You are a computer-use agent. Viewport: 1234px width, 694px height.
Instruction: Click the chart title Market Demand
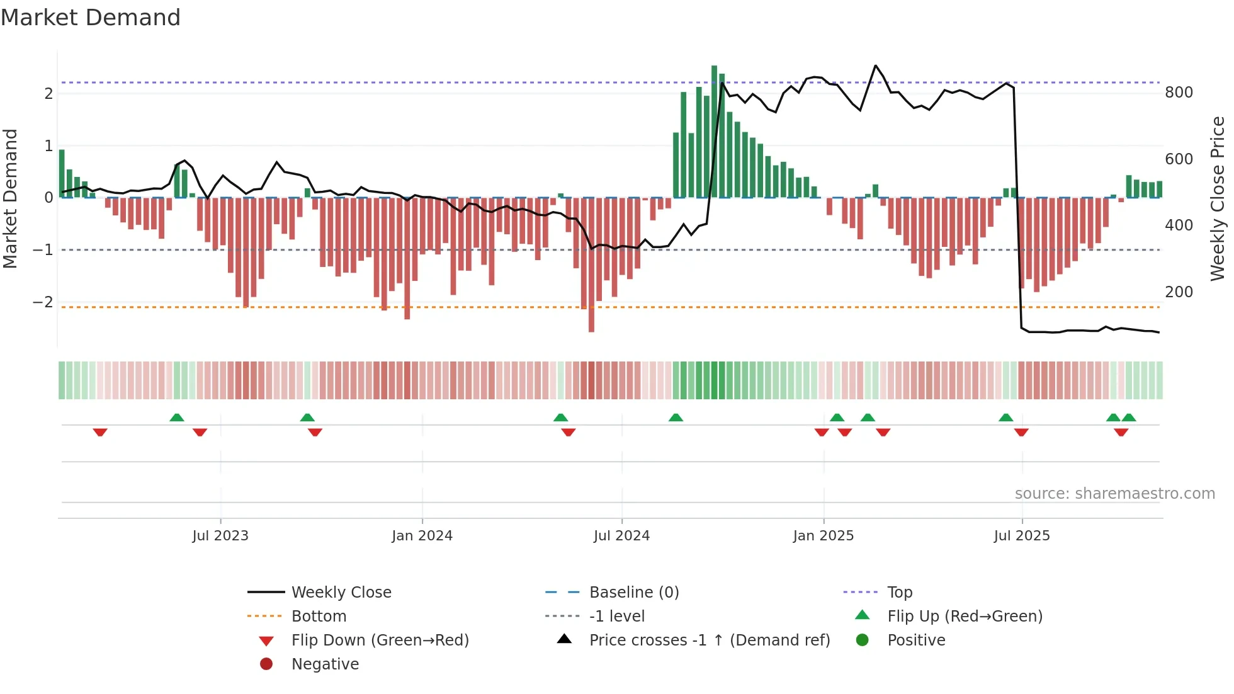[x=91, y=18]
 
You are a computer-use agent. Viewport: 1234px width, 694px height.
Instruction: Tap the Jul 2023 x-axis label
[x=220, y=536]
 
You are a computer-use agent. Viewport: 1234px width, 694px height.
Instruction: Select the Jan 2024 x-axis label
[x=422, y=536]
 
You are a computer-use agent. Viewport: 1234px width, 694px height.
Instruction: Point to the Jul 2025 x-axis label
[x=1022, y=536]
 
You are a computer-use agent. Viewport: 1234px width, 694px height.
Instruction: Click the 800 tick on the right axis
[x=1179, y=93]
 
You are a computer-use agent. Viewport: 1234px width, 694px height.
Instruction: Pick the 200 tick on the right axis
[x=1179, y=292]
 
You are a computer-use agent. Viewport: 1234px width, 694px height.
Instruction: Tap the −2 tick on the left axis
[x=43, y=302]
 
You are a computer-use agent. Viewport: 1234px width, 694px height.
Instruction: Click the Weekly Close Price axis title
[x=1218, y=198]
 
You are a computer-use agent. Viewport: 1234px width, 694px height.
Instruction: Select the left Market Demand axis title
[x=10, y=198]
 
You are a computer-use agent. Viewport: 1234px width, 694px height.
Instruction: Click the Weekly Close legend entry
[x=341, y=593]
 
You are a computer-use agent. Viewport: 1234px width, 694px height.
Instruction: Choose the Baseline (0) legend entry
[x=633, y=593]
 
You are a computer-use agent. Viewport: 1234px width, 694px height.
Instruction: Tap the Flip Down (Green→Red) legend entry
[x=380, y=640]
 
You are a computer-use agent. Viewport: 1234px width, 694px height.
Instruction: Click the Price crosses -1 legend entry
[x=709, y=640]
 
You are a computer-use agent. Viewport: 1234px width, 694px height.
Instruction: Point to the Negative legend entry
[x=325, y=664]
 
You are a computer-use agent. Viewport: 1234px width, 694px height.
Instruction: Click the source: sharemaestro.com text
[x=1114, y=494]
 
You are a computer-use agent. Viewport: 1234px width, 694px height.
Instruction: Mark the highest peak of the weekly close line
[x=875, y=65]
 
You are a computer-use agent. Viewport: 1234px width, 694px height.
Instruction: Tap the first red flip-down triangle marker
[x=100, y=432]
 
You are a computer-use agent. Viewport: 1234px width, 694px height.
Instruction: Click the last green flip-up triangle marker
[x=1129, y=418]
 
